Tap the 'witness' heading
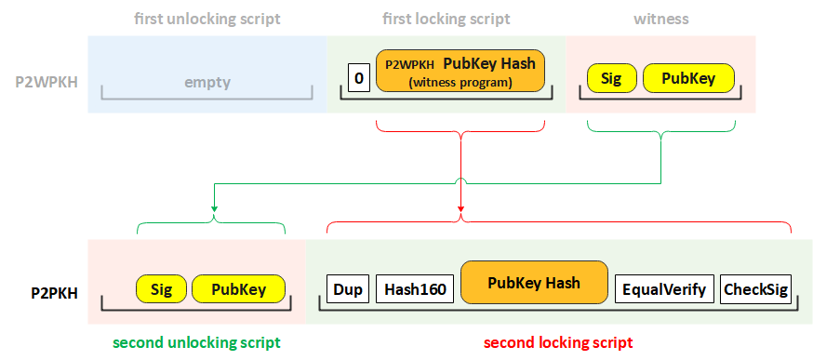click(x=661, y=19)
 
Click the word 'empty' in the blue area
click(x=206, y=82)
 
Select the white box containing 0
click(x=358, y=78)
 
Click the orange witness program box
click(x=460, y=72)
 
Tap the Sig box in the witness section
click(x=611, y=78)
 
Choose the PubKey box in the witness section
click(x=688, y=78)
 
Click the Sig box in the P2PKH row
click(x=161, y=289)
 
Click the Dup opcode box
click(x=348, y=289)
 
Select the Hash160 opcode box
click(x=415, y=289)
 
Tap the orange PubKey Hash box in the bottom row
click(x=534, y=283)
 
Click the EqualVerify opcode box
click(x=665, y=289)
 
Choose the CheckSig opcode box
click(x=755, y=289)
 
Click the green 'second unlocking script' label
click(x=196, y=342)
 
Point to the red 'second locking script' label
click(x=558, y=342)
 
